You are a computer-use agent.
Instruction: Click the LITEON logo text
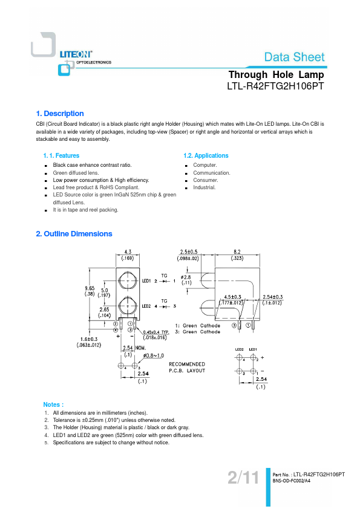pos(76,54)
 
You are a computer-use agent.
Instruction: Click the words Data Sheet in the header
pos(295,57)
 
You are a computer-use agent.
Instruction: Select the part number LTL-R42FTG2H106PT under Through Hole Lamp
pos(275,86)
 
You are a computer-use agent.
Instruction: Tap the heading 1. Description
pos(60,114)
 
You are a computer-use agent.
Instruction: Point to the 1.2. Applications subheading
pos(206,155)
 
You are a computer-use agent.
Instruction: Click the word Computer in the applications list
pos(205,165)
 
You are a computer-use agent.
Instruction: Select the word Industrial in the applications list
pos(205,187)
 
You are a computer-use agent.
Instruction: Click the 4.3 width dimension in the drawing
pos(128,251)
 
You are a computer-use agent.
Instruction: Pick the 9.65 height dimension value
pos(90,288)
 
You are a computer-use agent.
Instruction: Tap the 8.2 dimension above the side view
pos(237,251)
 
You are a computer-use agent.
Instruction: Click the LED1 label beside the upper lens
pos(146,280)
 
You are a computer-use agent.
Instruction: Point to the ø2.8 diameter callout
pos(186,277)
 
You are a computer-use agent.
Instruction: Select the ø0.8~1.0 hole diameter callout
pos(154,355)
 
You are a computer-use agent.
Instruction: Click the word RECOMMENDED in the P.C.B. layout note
pos(187,365)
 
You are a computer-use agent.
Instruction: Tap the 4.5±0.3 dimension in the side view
pos(232,297)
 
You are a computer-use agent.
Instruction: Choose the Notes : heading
pos(53,404)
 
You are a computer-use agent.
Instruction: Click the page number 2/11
pos(243,478)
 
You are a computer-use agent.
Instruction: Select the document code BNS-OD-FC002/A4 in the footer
pos(292,481)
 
